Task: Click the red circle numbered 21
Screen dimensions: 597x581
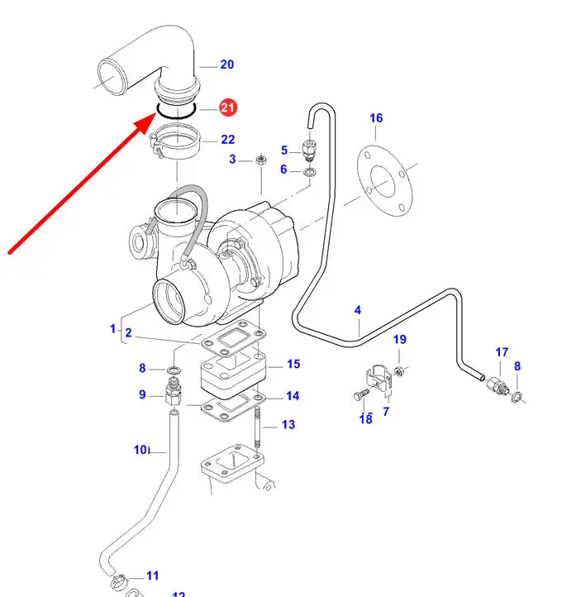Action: coord(227,107)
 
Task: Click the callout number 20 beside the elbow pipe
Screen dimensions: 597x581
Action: coord(227,64)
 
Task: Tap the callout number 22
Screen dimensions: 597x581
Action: coord(227,140)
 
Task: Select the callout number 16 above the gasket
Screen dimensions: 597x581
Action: coord(376,118)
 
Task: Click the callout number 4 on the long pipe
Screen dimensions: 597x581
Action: coord(358,310)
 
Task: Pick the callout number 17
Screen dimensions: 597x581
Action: coord(502,352)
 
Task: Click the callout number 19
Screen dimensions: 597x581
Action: coord(399,340)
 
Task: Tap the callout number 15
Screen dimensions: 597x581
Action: coord(293,364)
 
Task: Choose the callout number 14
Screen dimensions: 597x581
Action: coord(293,396)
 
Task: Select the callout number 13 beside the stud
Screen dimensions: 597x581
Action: coord(288,425)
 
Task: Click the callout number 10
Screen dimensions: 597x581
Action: coord(140,450)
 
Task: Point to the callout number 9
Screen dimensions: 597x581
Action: coord(142,394)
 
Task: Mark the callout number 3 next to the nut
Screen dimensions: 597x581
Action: coord(232,160)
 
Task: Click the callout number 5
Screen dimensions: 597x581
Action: coord(284,150)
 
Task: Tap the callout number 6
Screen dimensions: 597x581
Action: coord(284,170)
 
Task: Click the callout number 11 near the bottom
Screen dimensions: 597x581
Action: coord(152,576)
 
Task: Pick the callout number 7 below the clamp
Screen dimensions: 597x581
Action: coord(386,411)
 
